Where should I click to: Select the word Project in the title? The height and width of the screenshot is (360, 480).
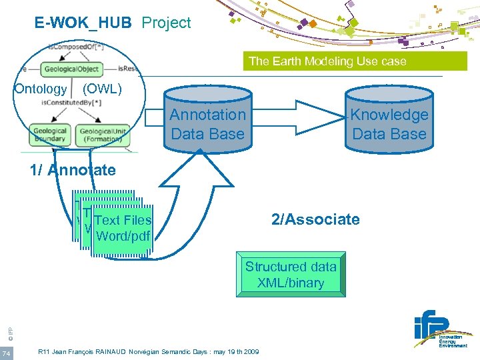point(167,23)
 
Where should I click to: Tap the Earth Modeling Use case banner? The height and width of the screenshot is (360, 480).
point(327,61)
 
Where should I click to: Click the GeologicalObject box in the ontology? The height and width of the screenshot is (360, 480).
point(71,69)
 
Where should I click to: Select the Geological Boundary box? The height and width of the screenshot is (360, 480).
point(50,136)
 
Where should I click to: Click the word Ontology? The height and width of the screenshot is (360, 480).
point(41,89)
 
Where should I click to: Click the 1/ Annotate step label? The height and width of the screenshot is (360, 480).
point(73,170)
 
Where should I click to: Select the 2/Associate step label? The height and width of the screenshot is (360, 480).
point(315,219)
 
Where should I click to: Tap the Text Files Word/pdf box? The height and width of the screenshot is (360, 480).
point(123,229)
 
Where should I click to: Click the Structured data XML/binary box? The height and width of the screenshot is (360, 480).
point(291,274)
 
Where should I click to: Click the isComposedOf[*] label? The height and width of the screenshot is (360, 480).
point(75,48)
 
